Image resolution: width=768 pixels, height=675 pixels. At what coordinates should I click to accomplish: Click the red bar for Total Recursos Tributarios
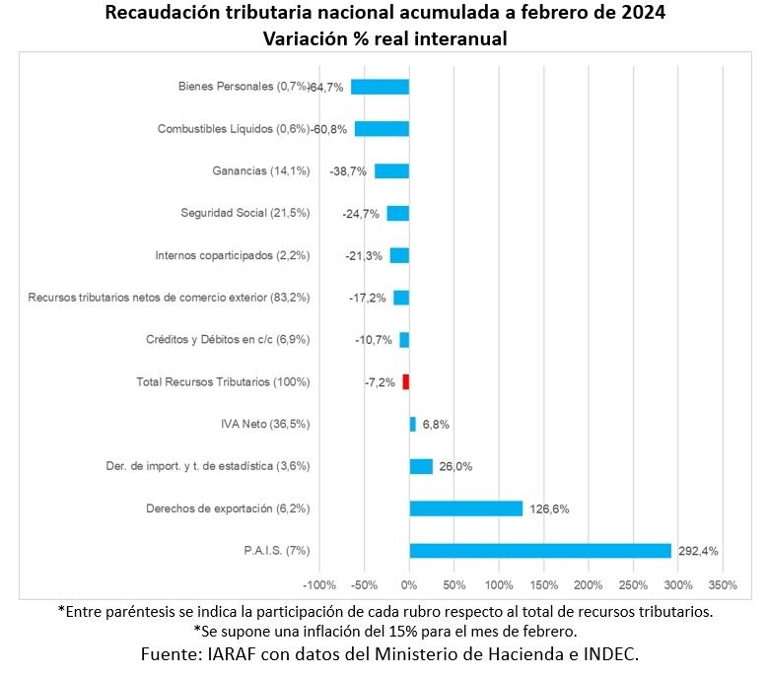pyautogui.click(x=405, y=382)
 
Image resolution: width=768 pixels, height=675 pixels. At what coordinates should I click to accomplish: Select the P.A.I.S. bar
pyautogui.click(x=540, y=551)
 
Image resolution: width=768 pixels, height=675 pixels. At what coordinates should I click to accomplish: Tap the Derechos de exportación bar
pyautogui.click(x=465, y=508)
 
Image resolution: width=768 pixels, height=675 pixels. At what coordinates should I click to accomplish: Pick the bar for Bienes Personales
pyautogui.click(x=380, y=87)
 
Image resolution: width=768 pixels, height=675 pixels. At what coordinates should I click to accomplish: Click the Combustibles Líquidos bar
pyautogui.click(x=382, y=129)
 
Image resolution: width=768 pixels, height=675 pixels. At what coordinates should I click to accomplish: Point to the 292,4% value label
pyautogui.click(x=699, y=552)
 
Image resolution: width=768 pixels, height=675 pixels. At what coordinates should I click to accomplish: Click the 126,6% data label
pyautogui.click(x=549, y=509)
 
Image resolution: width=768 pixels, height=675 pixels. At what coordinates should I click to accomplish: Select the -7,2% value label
pyautogui.click(x=380, y=382)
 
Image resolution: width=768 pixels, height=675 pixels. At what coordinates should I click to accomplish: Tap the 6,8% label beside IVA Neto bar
pyautogui.click(x=436, y=425)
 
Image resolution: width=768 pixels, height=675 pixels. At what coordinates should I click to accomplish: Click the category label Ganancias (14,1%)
pyautogui.click(x=261, y=170)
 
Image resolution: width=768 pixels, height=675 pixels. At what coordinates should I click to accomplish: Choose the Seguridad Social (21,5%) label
pyautogui.click(x=245, y=213)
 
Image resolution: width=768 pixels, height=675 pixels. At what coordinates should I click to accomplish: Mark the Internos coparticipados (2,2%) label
pyautogui.click(x=233, y=255)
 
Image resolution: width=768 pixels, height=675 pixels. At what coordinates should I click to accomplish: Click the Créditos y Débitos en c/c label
pyautogui.click(x=228, y=340)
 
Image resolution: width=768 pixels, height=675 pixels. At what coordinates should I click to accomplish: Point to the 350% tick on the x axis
pyautogui.click(x=723, y=584)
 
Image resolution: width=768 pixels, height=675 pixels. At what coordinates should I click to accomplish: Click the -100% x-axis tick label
pyautogui.click(x=320, y=584)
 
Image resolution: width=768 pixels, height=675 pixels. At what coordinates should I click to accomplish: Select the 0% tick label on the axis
pyautogui.click(x=409, y=584)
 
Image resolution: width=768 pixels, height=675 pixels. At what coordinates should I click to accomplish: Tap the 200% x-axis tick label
pyautogui.click(x=589, y=584)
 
